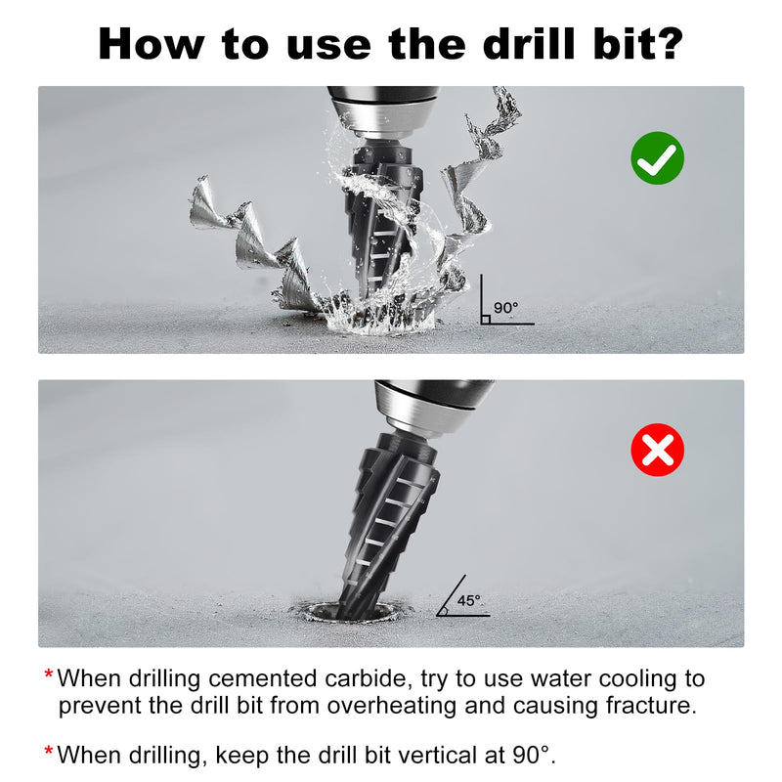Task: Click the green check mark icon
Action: coord(657,158)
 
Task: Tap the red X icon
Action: coord(657,450)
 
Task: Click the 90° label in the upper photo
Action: coord(505,308)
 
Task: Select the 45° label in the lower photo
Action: coord(469,600)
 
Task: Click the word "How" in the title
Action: coord(152,44)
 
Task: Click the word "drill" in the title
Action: coord(529,44)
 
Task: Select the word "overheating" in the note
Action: coord(392,706)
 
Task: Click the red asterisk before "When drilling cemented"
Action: coord(48,674)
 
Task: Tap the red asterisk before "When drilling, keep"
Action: coord(48,751)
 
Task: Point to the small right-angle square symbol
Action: coord(485,320)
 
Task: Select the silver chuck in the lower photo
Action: coord(433,408)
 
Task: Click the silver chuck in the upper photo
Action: coord(383,112)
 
